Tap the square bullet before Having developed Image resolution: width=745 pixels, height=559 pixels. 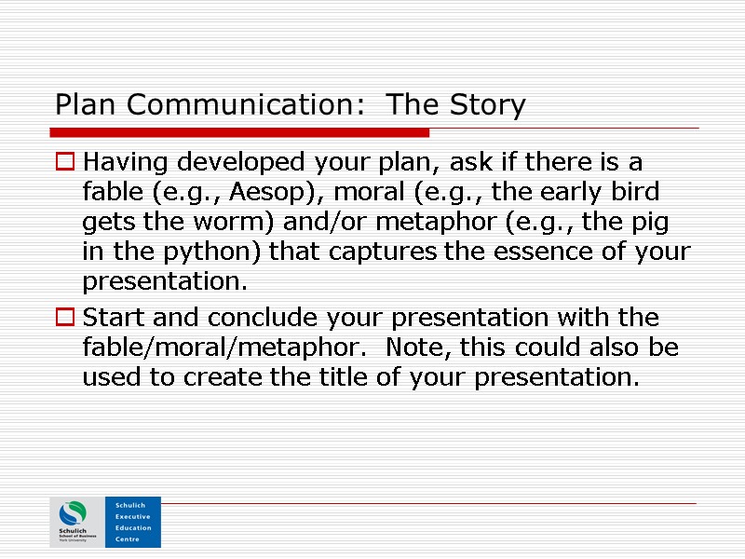pos(66,163)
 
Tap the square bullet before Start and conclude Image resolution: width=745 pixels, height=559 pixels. pos(66,319)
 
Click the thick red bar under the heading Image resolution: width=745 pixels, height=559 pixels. pos(242,132)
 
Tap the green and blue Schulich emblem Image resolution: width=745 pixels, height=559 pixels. pos(74,515)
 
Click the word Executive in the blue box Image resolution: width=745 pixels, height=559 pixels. pos(134,516)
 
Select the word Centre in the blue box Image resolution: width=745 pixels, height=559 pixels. pos(128,539)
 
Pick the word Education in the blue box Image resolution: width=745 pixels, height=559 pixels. pos(134,527)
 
